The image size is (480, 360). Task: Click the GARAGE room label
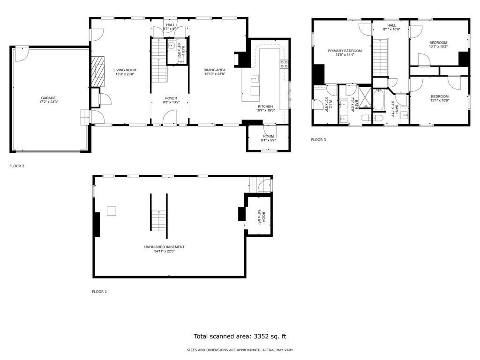(x=48, y=98)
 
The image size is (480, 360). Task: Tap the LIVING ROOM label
(x=125, y=70)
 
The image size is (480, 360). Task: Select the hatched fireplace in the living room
(x=98, y=71)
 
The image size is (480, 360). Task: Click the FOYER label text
(x=171, y=98)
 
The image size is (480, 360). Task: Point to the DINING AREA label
(x=214, y=70)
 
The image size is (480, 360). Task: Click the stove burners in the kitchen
(x=284, y=64)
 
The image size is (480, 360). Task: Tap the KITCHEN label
(x=265, y=106)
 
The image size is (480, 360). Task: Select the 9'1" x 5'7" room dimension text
(x=269, y=140)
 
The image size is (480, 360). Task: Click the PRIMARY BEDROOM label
(x=345, y=51)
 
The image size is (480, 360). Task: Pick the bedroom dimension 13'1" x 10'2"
(x=438, y=46)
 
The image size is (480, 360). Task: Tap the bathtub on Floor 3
(x=378, y=101)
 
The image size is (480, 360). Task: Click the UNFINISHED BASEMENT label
(x=164, y=247)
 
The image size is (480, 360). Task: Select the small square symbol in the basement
(x=111, y=211)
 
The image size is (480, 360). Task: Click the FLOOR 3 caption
(x=318, y=140)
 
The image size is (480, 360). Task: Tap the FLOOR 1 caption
(x=99, y=292)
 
